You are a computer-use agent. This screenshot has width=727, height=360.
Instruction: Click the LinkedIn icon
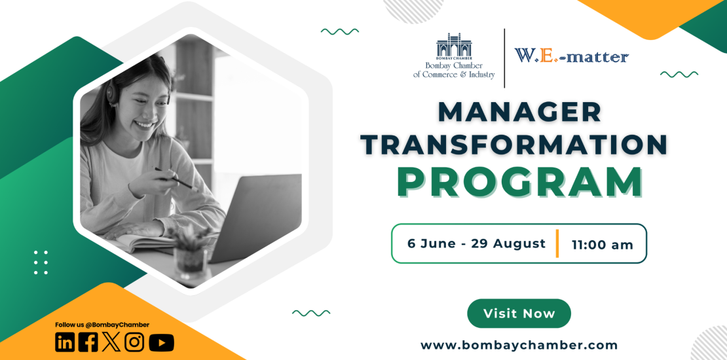(x=65, y=342)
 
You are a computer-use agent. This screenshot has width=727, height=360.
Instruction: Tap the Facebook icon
(x=88, y=342)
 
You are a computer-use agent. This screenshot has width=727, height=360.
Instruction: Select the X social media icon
(x=111, y=342)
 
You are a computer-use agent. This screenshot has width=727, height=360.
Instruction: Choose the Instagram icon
(x=134, y=342)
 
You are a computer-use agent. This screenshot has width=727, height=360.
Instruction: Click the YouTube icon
(x=161, y=343)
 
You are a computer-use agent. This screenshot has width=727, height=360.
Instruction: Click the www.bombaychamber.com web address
(x=519, y=345)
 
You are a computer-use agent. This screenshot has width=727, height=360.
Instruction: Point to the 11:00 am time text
(x=603, y=245)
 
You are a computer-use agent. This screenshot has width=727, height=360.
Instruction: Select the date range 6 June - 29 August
(x=476, y=243)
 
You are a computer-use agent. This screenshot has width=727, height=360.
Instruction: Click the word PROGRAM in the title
(x=519, y=183)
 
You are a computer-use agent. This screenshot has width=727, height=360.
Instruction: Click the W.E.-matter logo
(x=571, y=56)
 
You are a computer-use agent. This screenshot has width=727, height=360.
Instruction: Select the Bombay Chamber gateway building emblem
(x=454, y=46)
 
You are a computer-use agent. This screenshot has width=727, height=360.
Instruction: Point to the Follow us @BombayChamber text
(x=102, y=325)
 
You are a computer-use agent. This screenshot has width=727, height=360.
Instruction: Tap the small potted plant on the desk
(x=190, y=250)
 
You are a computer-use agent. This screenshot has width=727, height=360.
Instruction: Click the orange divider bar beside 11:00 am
(x=557, y=243)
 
